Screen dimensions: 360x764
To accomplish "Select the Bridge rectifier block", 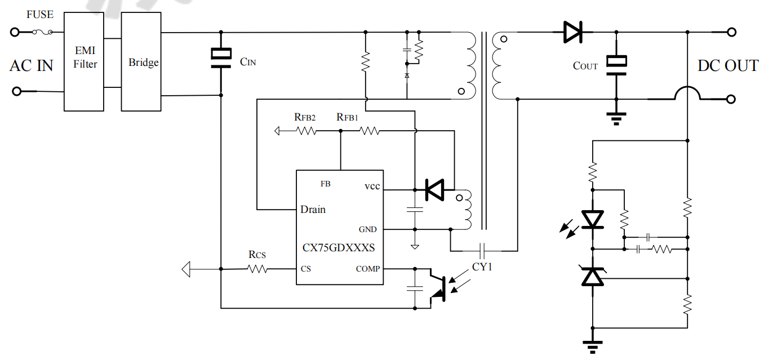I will (x=143, y=62).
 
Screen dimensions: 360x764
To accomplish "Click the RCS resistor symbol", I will (x=257, y=269).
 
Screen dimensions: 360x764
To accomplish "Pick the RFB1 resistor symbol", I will (x=369, y=131).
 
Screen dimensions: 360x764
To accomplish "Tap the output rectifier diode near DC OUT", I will (x=572, y=32).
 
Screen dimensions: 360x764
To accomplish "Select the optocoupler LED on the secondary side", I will (x=592, y=219).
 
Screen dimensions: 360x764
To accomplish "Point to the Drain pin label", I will (x=313, y=210).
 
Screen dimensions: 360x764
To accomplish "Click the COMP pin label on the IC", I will (x=367, y=269).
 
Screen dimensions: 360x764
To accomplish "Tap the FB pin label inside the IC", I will (x=325, y=184).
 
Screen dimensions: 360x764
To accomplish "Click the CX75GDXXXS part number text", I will (x=339, y=247).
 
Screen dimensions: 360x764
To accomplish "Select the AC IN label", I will (x=32, y=66).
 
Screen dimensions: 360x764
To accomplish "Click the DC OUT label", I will (x=727, y=66).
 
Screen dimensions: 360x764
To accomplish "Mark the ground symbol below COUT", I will (x=616, y=118).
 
